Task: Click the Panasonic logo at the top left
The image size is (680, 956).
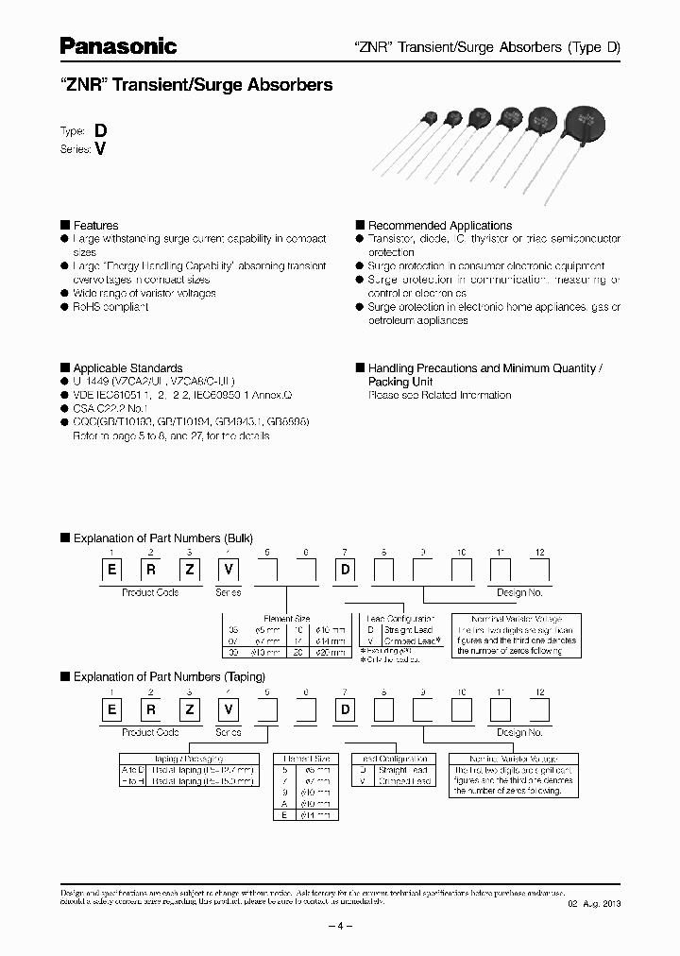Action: coord(118,45)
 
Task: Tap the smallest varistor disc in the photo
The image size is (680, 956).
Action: coord(430,117)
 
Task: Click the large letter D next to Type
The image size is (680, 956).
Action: coord(99,131)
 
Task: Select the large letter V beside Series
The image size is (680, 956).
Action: coord(99,149)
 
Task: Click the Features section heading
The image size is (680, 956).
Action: coord(95,226)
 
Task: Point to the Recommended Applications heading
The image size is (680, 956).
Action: coord(439,226)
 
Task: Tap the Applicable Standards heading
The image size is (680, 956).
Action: coord(127,368)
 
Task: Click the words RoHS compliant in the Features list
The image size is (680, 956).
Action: coord(110,307)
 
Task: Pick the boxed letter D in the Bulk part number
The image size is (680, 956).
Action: coord(346,572)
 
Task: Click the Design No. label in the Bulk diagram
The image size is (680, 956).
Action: coord(518,592)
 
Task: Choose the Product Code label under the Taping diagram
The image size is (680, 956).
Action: coord(150,732)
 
